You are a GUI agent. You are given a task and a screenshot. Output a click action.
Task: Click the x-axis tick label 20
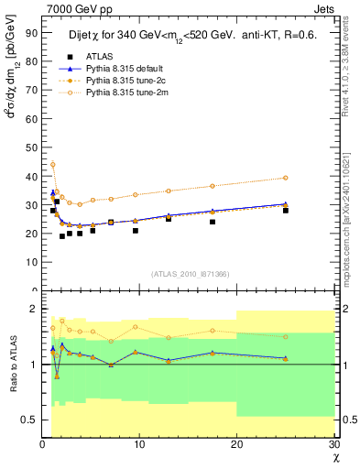[x=236, y=445]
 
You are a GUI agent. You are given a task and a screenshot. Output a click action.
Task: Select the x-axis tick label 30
[x=333, y=445]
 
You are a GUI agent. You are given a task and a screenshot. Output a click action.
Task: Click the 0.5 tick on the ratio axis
[x=30, y=420]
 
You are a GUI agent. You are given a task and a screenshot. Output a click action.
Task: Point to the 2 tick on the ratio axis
[x=36, y=309]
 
